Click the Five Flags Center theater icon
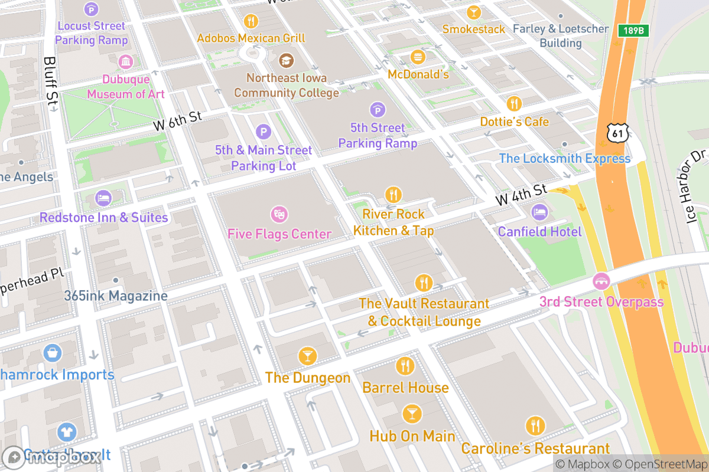(278, 214)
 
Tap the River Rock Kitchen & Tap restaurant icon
(393, 194)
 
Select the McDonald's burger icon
(418, 57)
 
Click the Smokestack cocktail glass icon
(473, 12)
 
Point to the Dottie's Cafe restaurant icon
(514, 104)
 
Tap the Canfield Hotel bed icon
(539, 211)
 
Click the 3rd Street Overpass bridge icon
(601, 281)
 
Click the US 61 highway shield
(618, 133)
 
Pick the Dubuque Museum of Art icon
(125, 61)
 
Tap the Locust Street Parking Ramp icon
(91, 9)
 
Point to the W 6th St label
(178, 121)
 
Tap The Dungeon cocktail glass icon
(307, 356)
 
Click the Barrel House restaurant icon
(405, 366)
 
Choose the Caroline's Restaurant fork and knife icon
(535, 426)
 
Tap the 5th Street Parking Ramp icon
(377, 109)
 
